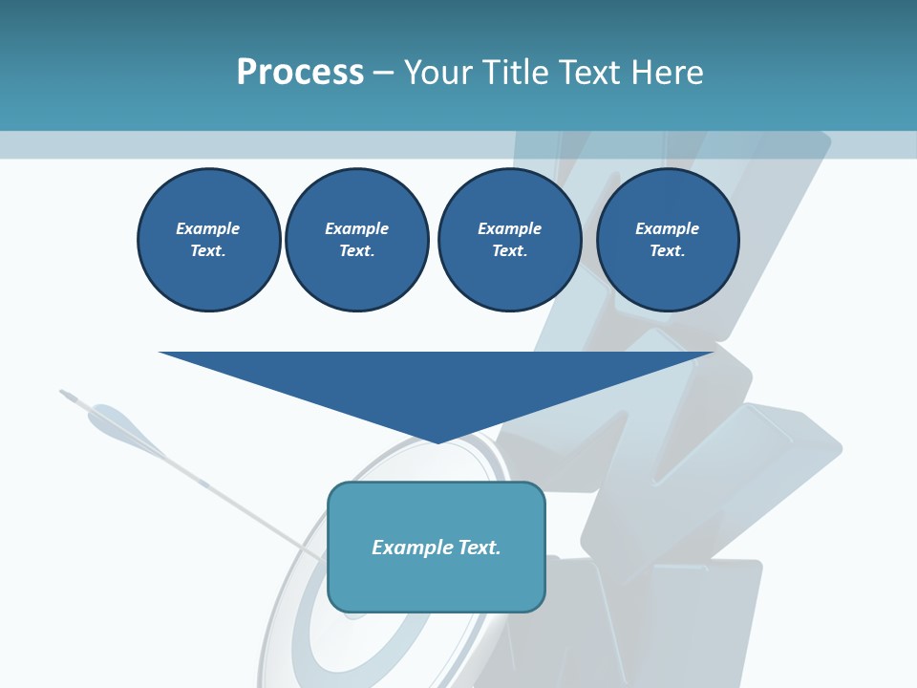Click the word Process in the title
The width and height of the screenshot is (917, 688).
point(300,73)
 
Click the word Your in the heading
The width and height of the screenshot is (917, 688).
point(440,73)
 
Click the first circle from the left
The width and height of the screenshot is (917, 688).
point(209,240)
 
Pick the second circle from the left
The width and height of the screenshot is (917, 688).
point(357,240)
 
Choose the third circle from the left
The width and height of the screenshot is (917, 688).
point(510,240)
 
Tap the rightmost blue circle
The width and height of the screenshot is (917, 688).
point(668,240)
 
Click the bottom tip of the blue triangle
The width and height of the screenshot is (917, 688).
point(437,441)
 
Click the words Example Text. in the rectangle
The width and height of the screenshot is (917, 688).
point(437,548)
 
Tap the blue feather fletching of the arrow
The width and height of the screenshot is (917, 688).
point(119,425)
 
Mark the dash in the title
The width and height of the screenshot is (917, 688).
point(384,73)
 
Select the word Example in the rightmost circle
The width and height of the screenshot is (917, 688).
point(668,228)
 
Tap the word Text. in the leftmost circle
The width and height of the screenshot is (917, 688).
point(208,251)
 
